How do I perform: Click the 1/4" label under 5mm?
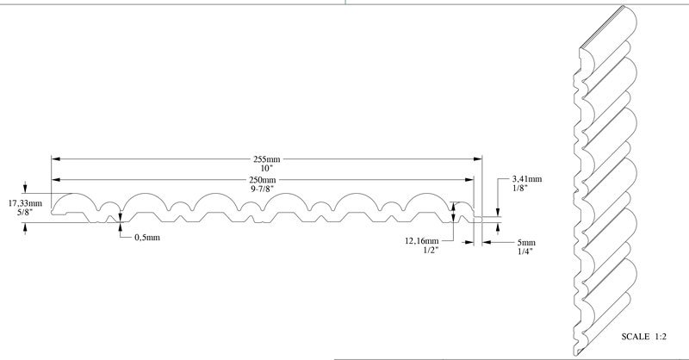point(522,251)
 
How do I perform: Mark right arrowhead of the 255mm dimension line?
point(476,158)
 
